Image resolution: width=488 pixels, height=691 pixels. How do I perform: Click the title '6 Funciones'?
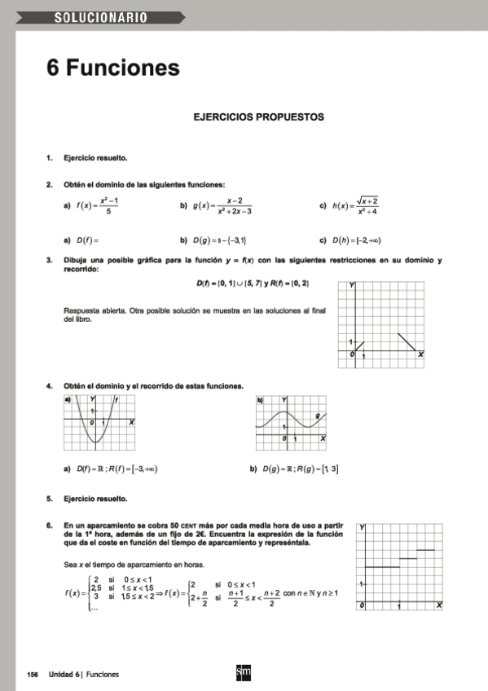(112, 67)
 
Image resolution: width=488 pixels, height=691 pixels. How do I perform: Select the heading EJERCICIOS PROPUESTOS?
(258, 117)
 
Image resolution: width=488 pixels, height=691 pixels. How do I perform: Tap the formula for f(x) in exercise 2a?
(99, 206)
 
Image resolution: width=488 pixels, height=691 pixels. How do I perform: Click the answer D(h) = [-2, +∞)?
(357, 240)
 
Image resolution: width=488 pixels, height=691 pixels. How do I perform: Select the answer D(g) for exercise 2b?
(219, 240)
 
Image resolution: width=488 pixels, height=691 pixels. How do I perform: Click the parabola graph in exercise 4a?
(99, 423)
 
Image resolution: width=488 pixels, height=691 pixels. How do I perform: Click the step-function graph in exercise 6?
(399, 567)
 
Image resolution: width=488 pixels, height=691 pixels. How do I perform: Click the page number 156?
(33, 675)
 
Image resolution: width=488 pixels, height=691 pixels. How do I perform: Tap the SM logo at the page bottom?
(243, 673)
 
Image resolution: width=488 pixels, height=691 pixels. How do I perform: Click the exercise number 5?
(50, 498)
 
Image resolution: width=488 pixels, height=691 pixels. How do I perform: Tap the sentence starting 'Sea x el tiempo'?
(134, 565)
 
